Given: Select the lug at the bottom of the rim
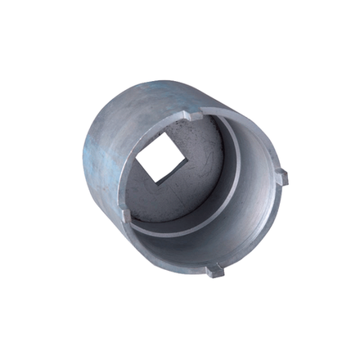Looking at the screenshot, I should click(x=214, y=270).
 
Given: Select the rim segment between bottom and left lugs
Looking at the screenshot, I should click(x=164, y=254).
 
